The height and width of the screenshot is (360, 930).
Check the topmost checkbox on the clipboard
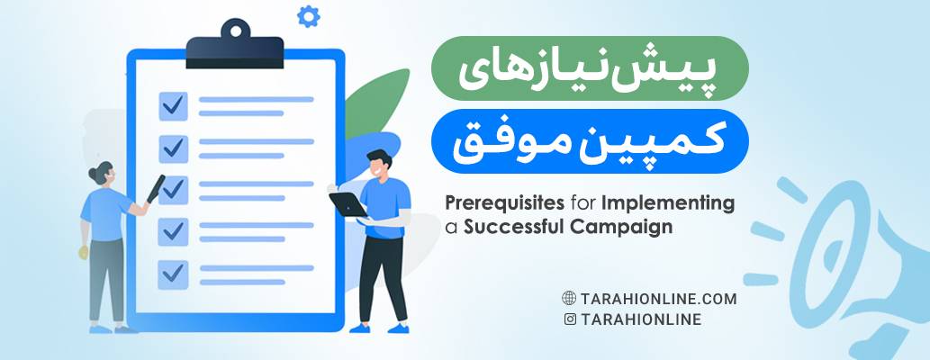[x=173, y=106]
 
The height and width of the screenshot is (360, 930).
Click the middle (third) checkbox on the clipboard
[x=173, y=189]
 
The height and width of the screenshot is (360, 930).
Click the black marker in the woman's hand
[x=155, y=188]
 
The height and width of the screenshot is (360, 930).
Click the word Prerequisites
[x=493, y=203]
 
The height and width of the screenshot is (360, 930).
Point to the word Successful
[x=512, y=228]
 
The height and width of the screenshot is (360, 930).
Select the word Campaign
[x=621, y=228]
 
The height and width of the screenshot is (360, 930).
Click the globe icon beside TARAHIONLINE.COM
[x=569, y=299]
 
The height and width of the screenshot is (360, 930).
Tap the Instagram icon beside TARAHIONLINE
[x=569, y=319]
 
